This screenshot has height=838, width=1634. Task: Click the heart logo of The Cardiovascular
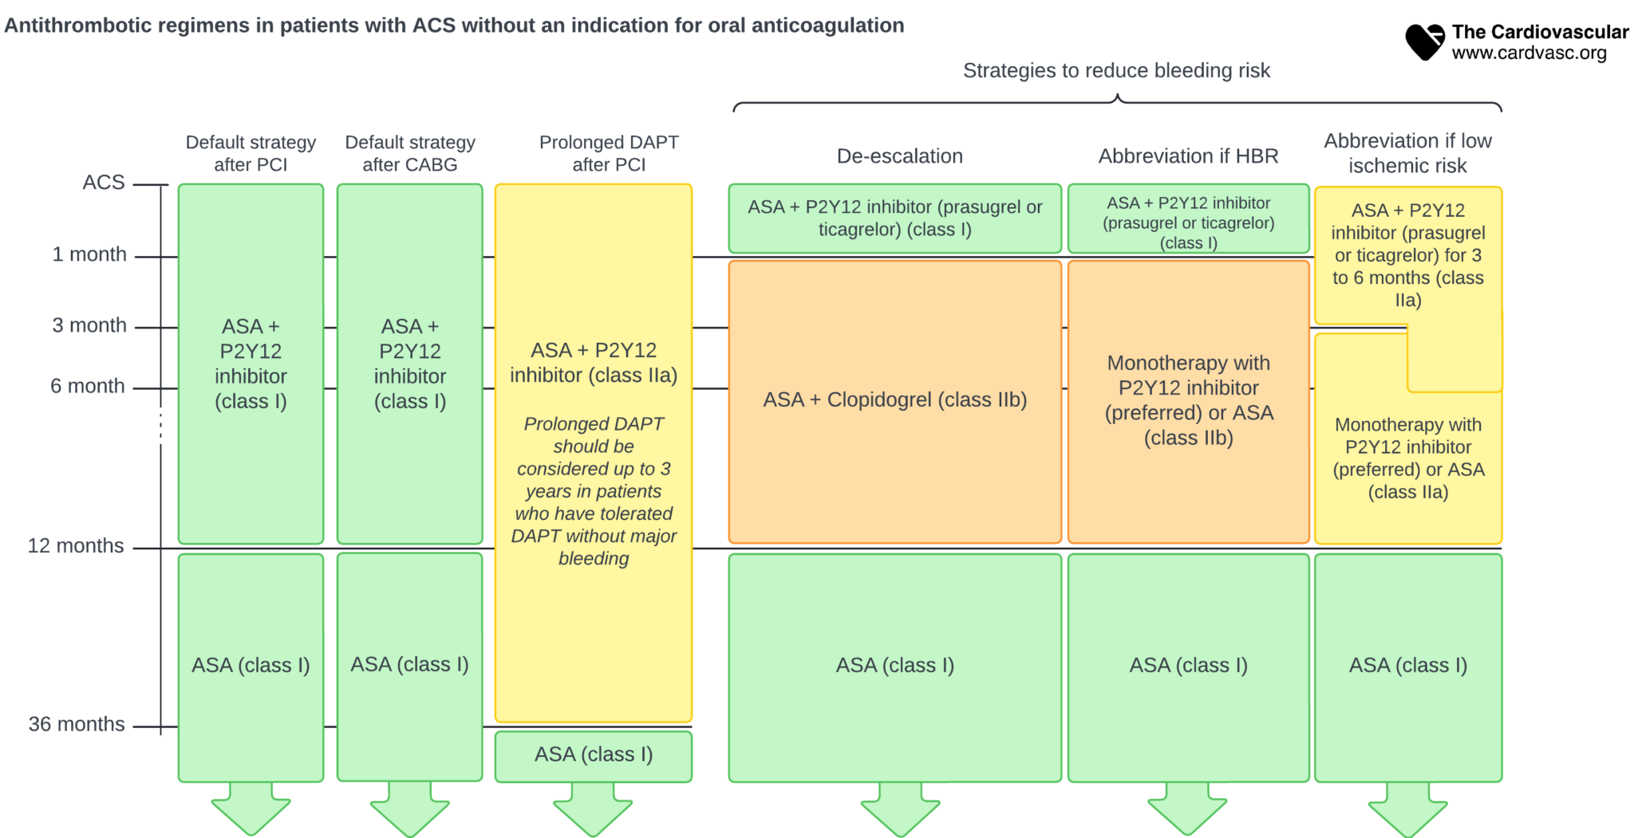pyautogui.click(x=1424, y=41)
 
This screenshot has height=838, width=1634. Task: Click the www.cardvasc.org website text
pyautogui.click(x=1529, y=53)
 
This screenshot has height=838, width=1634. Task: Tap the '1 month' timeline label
pyautogui.click(x=89, y=254)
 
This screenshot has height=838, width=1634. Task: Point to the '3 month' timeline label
pyautogui.click(x=89, y=325)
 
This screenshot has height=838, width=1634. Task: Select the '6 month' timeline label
pyautogui.click(x=88, y=386)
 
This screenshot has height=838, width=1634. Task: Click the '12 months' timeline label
pyautogui.click(x=76, y=546)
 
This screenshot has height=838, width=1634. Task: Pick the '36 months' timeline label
pyautogui.click(x=77, y=724)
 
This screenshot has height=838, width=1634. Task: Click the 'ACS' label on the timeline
pyautogui.click(x=104, y=183)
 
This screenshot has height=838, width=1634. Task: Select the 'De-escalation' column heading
pyautogui.click(x=899, y=156)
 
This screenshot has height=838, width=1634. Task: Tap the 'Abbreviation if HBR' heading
pyautogui.click(x=1188, y=156)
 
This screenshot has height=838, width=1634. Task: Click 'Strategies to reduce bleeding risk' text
pyautogui.click(x=1116, y=71)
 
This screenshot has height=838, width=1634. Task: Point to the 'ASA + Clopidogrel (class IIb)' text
pyautogui.click(x=894, y=400)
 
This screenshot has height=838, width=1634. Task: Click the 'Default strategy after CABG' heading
pyautogui.click(x=410, y=153)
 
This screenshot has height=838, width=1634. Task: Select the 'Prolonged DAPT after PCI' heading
pyautogui.click(x=609, y=153)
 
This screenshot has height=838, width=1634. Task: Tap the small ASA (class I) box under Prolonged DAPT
pyautogui.click(x=593, y=755)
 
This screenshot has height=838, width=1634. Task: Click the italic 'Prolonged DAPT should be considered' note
pyautogui.click(x=593, y=491)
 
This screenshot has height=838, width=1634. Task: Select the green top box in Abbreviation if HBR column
pyautogui.click(x=1188, y=219)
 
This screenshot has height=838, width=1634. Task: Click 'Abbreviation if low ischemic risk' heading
pyautogui.click(x=1407, y=153)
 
